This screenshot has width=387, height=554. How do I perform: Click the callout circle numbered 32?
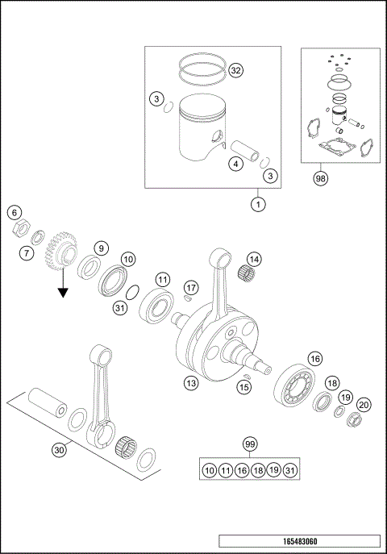pos(235,71)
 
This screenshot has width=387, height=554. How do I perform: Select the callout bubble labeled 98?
pos(321,179)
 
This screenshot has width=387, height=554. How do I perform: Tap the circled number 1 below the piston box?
pos(257,203)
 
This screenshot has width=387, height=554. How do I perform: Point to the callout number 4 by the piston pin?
pos(235,165)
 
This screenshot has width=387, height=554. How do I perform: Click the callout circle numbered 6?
pos(14,213)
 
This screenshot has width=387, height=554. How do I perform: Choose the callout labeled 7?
pos(26,253)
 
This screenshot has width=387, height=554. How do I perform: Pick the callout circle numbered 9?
pos(101,248)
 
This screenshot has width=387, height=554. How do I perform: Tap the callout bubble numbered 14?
pos(254,259)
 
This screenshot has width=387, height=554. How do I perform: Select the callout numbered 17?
pos(191,287)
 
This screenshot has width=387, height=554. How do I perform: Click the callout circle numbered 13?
pos(191,383)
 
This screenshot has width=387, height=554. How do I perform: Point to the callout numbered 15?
pos(244,388)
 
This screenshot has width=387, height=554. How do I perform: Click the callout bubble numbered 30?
pos(58,451)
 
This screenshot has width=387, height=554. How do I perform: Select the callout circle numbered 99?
pos(249,444)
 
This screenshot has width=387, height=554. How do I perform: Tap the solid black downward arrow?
pos(61,287)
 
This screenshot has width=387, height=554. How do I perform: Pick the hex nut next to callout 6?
pos(22,229)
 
